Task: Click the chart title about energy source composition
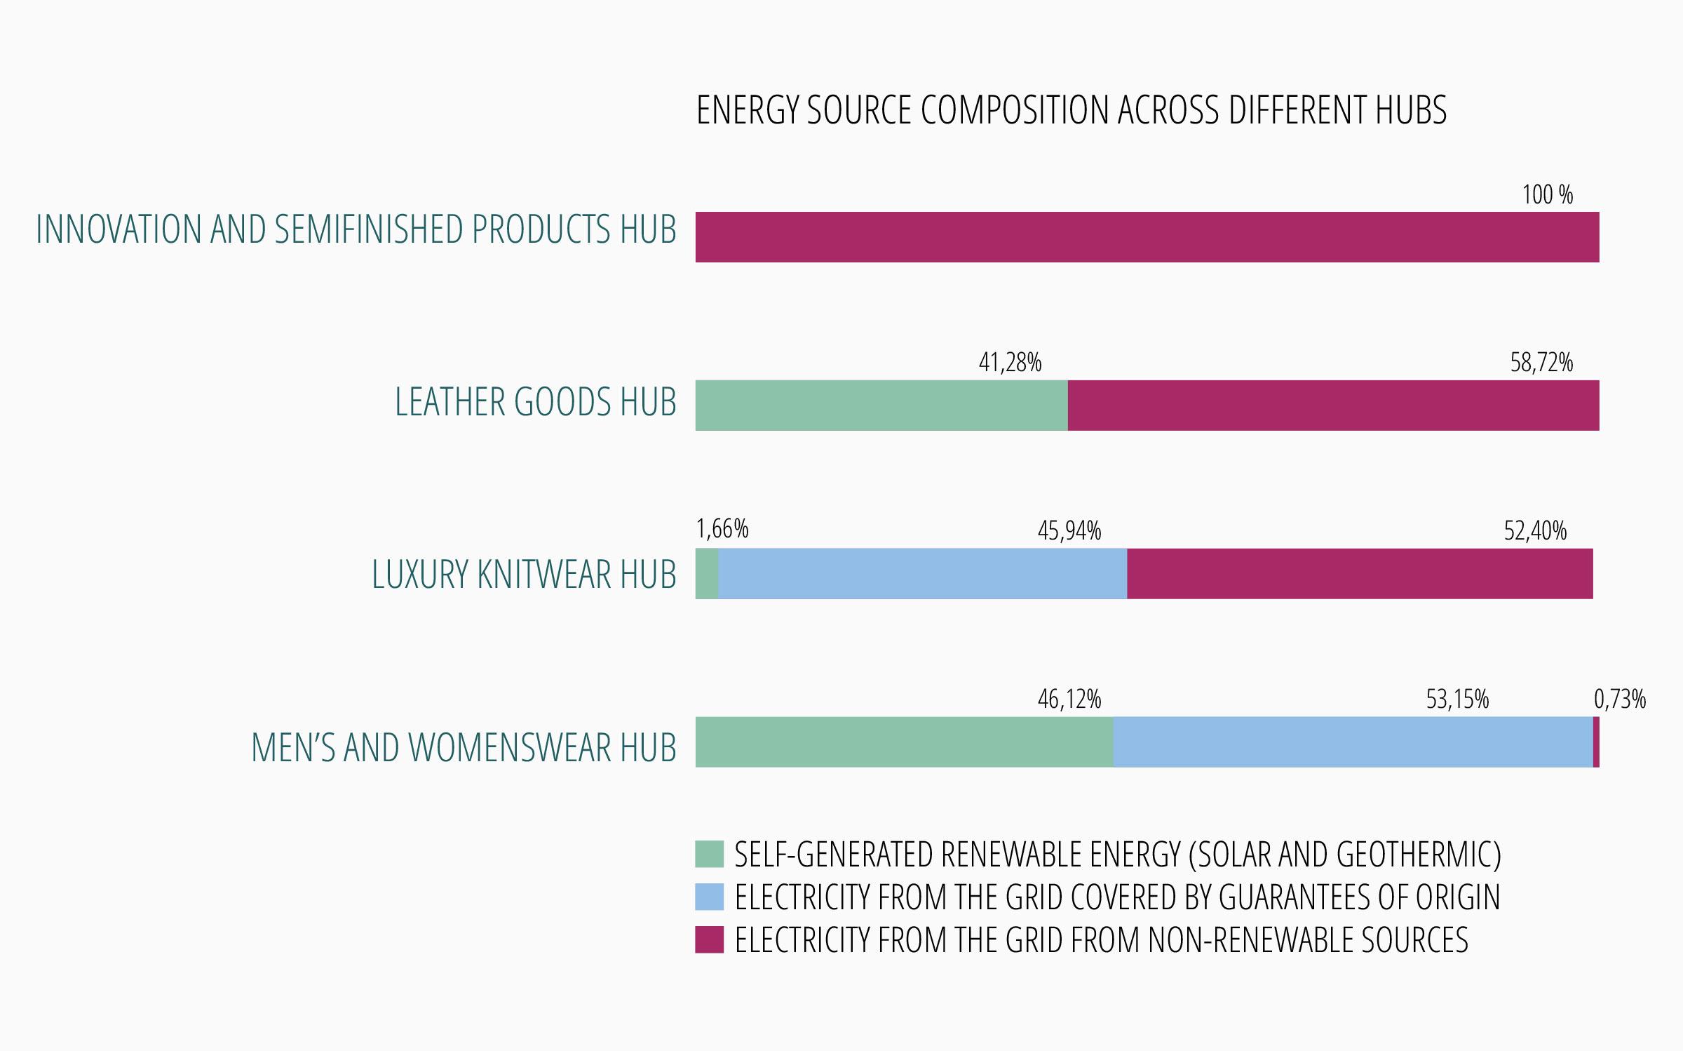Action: coord(1071,110)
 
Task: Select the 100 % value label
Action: coord(1547,195)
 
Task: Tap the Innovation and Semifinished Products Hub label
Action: coord(356,229)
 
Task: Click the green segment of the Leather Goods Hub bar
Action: coord(881,406)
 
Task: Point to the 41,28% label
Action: coord(1010,363)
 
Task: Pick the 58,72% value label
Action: coord(1541,363)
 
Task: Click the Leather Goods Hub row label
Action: coord(536,403)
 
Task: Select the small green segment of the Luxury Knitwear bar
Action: coord(707,574)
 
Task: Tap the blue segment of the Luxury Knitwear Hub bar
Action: coord(922,574)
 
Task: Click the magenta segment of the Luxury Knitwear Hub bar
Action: coord(1360,574)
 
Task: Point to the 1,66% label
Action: coord(722,530)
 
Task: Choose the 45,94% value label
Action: coord(1069,532)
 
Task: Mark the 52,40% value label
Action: coord(1535,532)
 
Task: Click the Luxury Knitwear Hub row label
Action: coord(524,575)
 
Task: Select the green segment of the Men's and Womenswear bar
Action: coord(904,742)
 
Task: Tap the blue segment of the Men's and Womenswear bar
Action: coord(1353,742)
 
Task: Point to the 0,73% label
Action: coord(1620,699)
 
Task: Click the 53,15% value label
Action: coord(1457,700)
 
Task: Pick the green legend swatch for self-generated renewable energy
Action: coord(709,854)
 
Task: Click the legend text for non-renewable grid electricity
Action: coord(1101,940)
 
